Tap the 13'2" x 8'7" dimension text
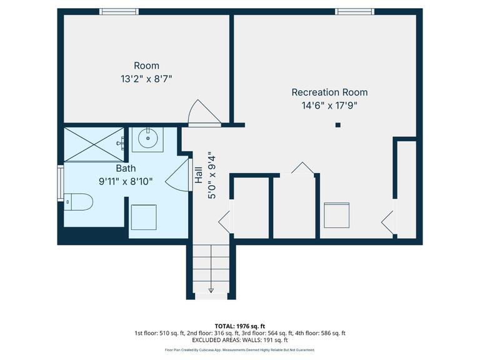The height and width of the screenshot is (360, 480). tap(146, 79)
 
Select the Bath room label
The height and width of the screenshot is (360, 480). tap(126, 168)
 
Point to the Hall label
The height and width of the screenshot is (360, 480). tap(198, 174)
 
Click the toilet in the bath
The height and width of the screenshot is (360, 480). tap(79, 202)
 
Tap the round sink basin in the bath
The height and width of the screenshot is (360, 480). tap(147, 139)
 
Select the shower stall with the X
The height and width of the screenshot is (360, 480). tap(94, 144)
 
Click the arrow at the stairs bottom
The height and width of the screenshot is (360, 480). tap(211, 288)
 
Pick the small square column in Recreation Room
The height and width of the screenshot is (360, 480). tap(337, 125)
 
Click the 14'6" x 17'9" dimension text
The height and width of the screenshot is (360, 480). tap(329, 106)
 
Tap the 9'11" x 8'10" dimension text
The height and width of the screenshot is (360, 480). tap(126, 181)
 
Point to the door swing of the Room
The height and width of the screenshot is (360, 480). tap(204, 113)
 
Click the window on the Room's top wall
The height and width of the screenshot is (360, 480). tap(119, 11)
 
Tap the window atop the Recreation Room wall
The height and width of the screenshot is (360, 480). tap(355, 11)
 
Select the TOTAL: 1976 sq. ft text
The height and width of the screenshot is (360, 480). tap(241, 326)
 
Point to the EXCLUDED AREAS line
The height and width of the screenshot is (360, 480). tap(240, 340)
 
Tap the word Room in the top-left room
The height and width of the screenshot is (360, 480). tap(146, 66)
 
